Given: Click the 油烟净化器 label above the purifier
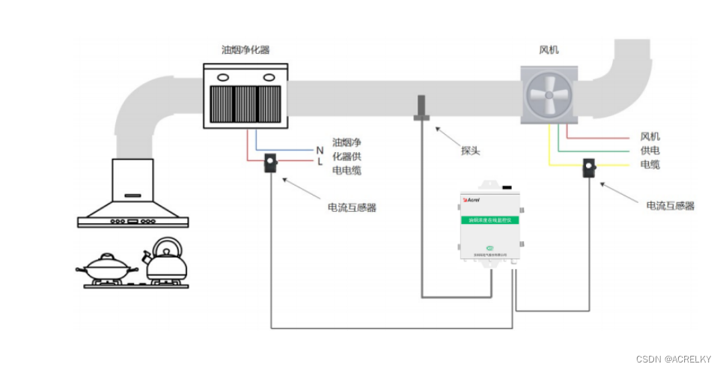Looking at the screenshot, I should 245,50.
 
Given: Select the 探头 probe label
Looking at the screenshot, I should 470,150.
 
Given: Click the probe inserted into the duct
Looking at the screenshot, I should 421,108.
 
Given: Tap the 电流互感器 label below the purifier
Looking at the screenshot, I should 352,207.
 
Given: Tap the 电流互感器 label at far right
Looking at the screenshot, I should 670,204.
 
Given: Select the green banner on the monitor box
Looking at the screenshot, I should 490,220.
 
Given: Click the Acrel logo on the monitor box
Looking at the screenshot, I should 472,201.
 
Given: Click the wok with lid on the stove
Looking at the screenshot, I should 108,266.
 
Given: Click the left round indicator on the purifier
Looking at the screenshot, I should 222,76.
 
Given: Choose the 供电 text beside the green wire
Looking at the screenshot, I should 650,151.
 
